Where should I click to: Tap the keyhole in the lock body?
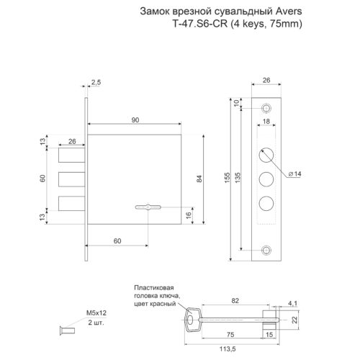pyautogui.click(x=146, y=208)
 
